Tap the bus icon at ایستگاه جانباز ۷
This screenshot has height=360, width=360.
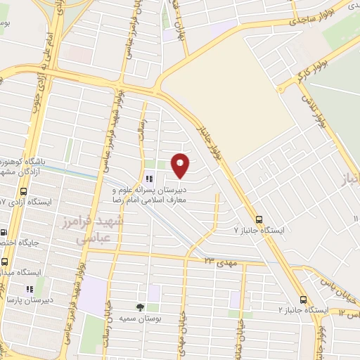pyautogui.click(x=260, y=219)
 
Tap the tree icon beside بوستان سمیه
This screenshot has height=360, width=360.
pyautogui.click(x=140, y=307)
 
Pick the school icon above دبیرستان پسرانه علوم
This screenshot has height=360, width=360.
pyautogui.click(x=149, y=179)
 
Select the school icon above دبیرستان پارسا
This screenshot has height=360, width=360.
pyautogui.click(x=30, y=288)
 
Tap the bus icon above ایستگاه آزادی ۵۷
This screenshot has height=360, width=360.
pyautogui.click(x=24, y=191)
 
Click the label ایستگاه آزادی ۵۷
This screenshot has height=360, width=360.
pyautogui.click(x=28, y=202)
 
